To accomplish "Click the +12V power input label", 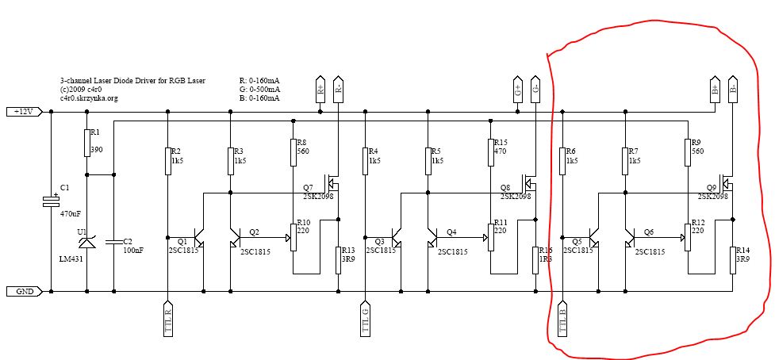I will (x=22, y=112).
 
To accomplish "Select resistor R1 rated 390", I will (x=86, y=144).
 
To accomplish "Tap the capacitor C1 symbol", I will (x=51, y=201).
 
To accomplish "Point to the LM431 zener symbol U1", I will (x=86, y=237).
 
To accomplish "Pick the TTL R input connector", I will (x=167, y=320).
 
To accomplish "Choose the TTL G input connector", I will (x=365, y=320).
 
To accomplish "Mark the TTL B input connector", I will (x=562, y=320).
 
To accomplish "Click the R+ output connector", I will (x=320, y=89).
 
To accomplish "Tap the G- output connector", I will (x=535, y=89).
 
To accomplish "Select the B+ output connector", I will (x=714, y=89).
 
